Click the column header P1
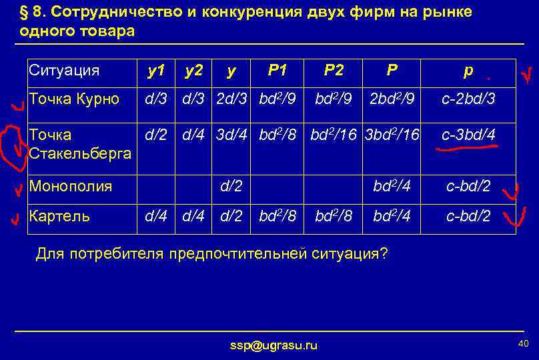(276, 70)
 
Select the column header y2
(194, 70)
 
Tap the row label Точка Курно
(74, 99)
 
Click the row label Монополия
(71, 186)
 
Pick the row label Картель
(60, 215)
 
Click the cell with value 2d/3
(231, 99)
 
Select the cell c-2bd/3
(468, 99)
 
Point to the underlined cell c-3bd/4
(468, 135)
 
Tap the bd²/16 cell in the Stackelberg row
(335, 135)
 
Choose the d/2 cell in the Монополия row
(231, 186)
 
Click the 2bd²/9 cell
(393, 99)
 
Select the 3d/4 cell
(231, 135)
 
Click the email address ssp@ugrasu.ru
(274, 345)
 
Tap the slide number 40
(522, 343)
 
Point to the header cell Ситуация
(64, 70)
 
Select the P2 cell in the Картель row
(334, 215)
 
